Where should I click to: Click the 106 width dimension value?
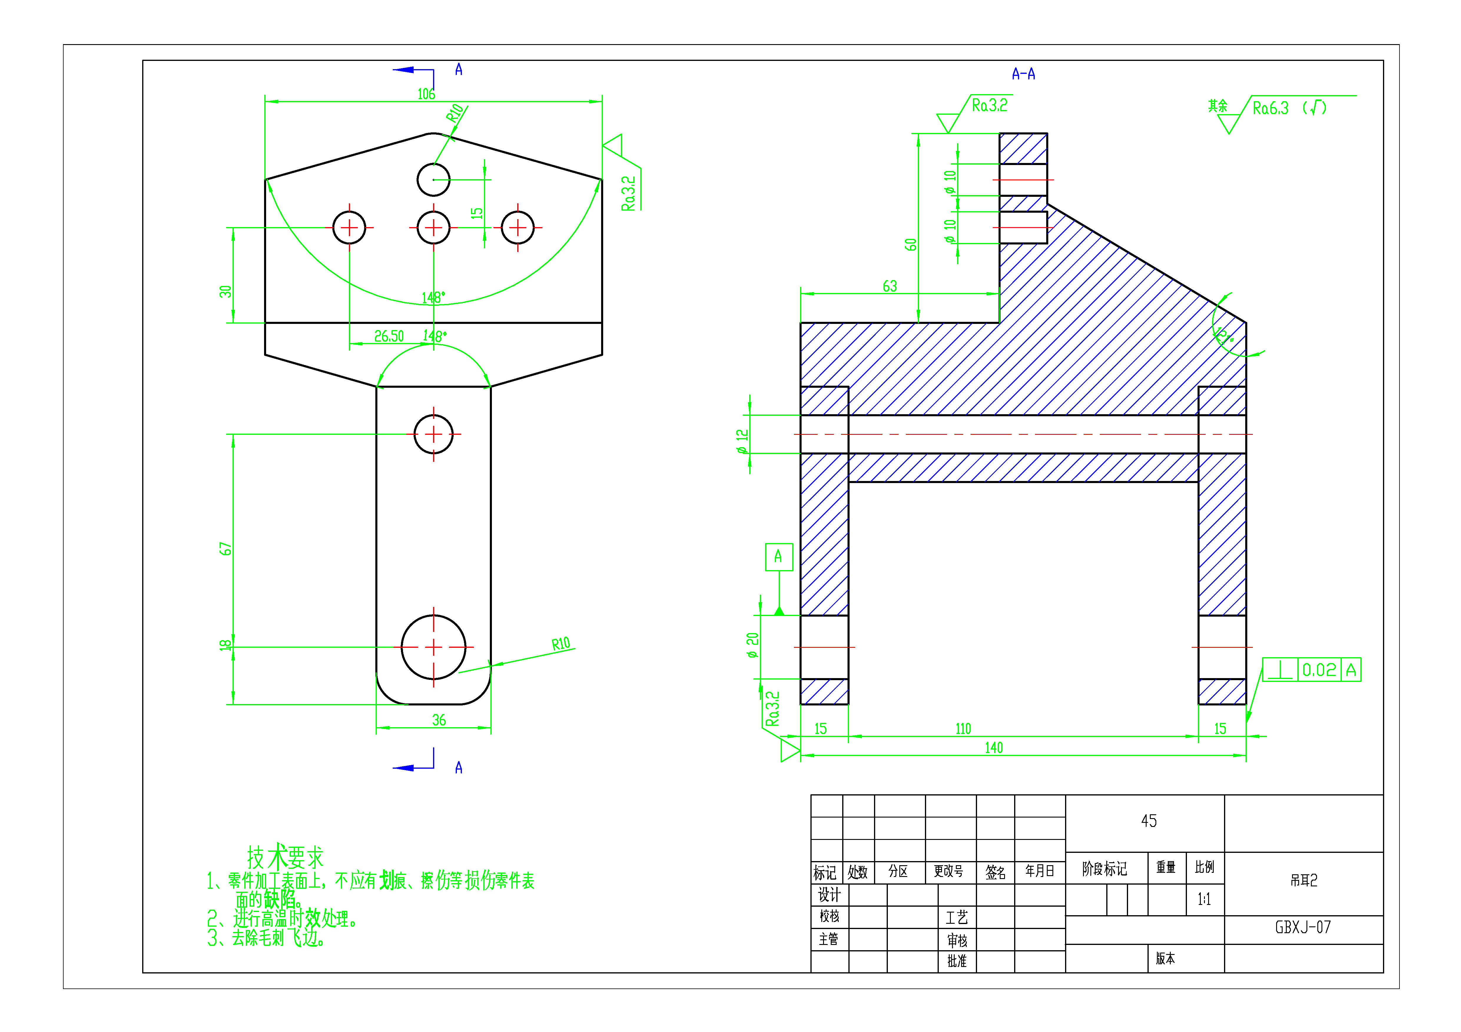[426, 94]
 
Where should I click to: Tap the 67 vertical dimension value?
[225, 549]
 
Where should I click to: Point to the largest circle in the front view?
[433, 647]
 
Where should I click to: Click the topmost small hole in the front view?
[433, 179]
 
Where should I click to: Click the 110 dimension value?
[963, 729]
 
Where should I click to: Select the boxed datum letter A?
[778, 557]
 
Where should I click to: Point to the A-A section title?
[1023, 74]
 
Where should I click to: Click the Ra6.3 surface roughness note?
[1270, 108]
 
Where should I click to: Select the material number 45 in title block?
[1149, 821]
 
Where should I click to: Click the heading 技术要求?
[285, 857]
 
